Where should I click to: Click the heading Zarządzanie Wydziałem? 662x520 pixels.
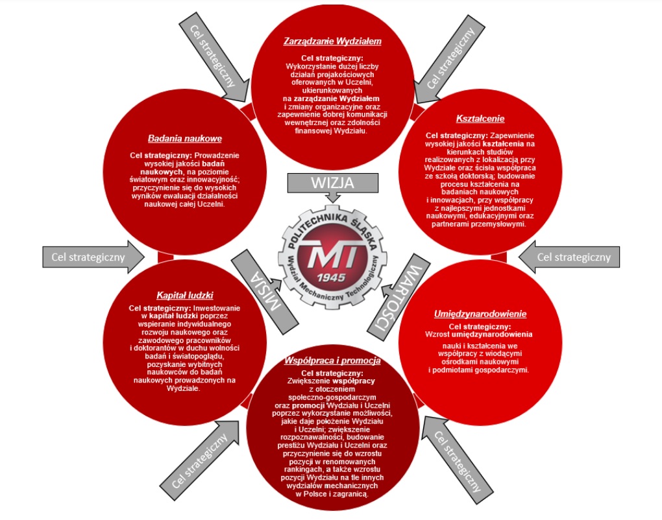point(332,41)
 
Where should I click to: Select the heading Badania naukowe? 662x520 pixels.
point(185,138)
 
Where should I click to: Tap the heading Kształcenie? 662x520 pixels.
point(480,119)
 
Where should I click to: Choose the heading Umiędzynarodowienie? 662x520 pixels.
point(480,314)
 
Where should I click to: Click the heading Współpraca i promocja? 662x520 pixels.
point(332,360)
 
